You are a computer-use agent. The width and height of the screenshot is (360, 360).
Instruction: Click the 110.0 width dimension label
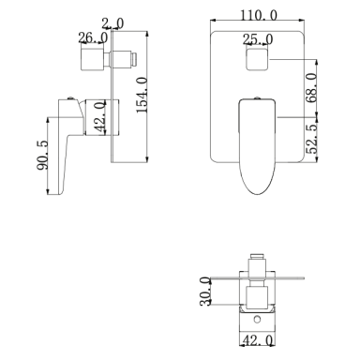259,15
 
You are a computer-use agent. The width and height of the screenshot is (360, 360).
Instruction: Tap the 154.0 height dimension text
142,95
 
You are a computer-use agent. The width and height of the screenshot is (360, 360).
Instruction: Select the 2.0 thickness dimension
112,23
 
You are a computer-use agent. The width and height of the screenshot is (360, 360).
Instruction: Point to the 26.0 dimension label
93,37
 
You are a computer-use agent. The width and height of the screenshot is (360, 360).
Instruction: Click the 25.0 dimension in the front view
258,39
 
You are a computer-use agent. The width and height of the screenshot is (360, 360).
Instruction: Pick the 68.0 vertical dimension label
311,88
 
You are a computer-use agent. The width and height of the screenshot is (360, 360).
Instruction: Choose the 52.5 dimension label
311,138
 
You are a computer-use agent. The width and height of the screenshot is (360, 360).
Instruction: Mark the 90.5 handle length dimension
42,156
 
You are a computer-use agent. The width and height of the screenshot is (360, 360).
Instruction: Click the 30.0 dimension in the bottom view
205,292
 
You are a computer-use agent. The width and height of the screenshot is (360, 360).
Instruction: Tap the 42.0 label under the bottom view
258,340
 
